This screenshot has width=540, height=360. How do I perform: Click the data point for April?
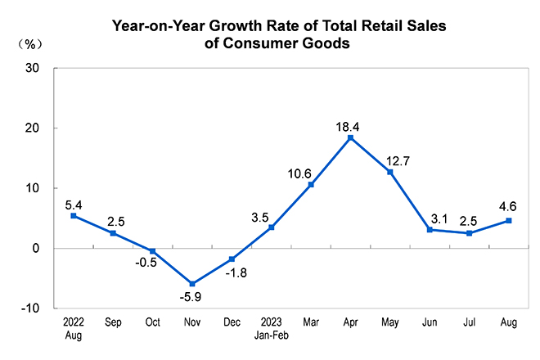(x=350, y=137)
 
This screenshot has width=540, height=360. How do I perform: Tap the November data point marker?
(x=192, y=284)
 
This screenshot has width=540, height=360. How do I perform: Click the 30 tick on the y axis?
(x=34, y=69)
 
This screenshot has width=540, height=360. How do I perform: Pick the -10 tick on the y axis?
(x=31, y=308)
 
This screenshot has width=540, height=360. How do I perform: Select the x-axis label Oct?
(x=153, y=323)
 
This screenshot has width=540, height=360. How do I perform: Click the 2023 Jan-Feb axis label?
(x=272, y=329)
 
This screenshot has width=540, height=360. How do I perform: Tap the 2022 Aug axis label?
(x=74, y=329)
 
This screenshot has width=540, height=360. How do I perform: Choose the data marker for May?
(x=390, y=172)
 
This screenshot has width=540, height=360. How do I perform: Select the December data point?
(x=232, y=259)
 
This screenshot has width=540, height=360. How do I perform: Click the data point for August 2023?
(x=509, y=220)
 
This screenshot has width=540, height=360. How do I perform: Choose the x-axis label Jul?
(x=469, y=323)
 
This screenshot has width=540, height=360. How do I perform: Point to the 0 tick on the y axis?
(x=37, y=249)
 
